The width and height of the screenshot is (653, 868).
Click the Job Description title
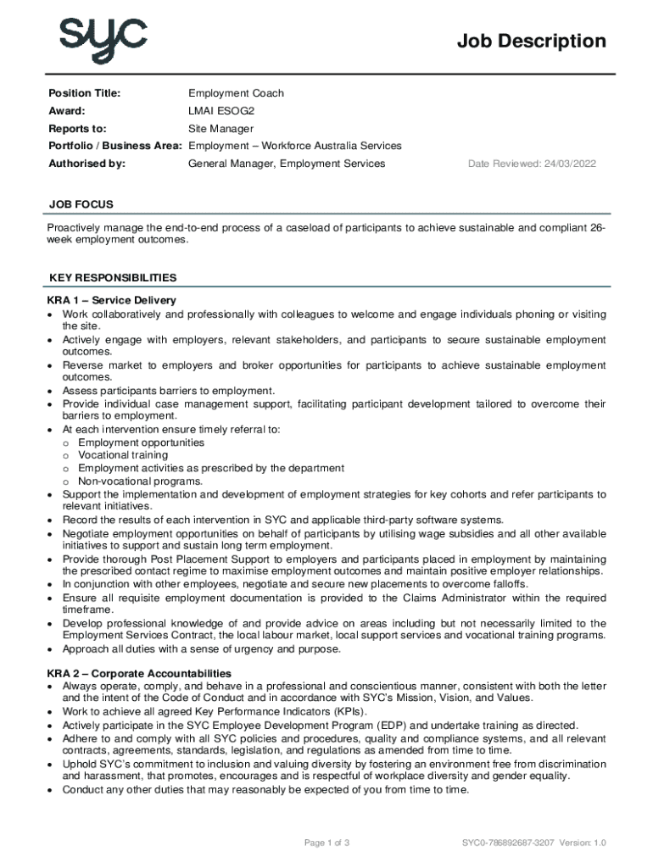point(532,41)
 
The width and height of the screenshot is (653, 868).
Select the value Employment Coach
point(236,93)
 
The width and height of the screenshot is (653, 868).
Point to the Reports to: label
point(77,129)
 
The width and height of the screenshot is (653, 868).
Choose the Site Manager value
point(220,129)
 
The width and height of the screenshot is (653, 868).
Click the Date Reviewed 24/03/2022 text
point(532,164)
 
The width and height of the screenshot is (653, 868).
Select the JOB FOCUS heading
point(81,204)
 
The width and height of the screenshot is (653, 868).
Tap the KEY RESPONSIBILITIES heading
point(113,277)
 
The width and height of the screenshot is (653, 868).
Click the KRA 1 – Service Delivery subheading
point(112,301)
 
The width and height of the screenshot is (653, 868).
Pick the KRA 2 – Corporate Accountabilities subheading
point(139,674)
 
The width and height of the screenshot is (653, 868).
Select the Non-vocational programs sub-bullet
point(128,481)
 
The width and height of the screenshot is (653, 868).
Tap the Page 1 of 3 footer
point(326,843)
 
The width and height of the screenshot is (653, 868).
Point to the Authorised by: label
point(87,164)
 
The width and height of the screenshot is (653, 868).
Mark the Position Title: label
point(84,93)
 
